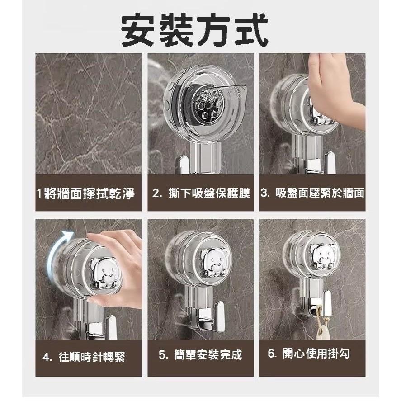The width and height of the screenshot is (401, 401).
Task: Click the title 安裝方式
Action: point(195,30)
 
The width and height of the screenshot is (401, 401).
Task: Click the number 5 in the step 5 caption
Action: point(163,354)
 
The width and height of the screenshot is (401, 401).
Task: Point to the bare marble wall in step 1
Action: point(89,113)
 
